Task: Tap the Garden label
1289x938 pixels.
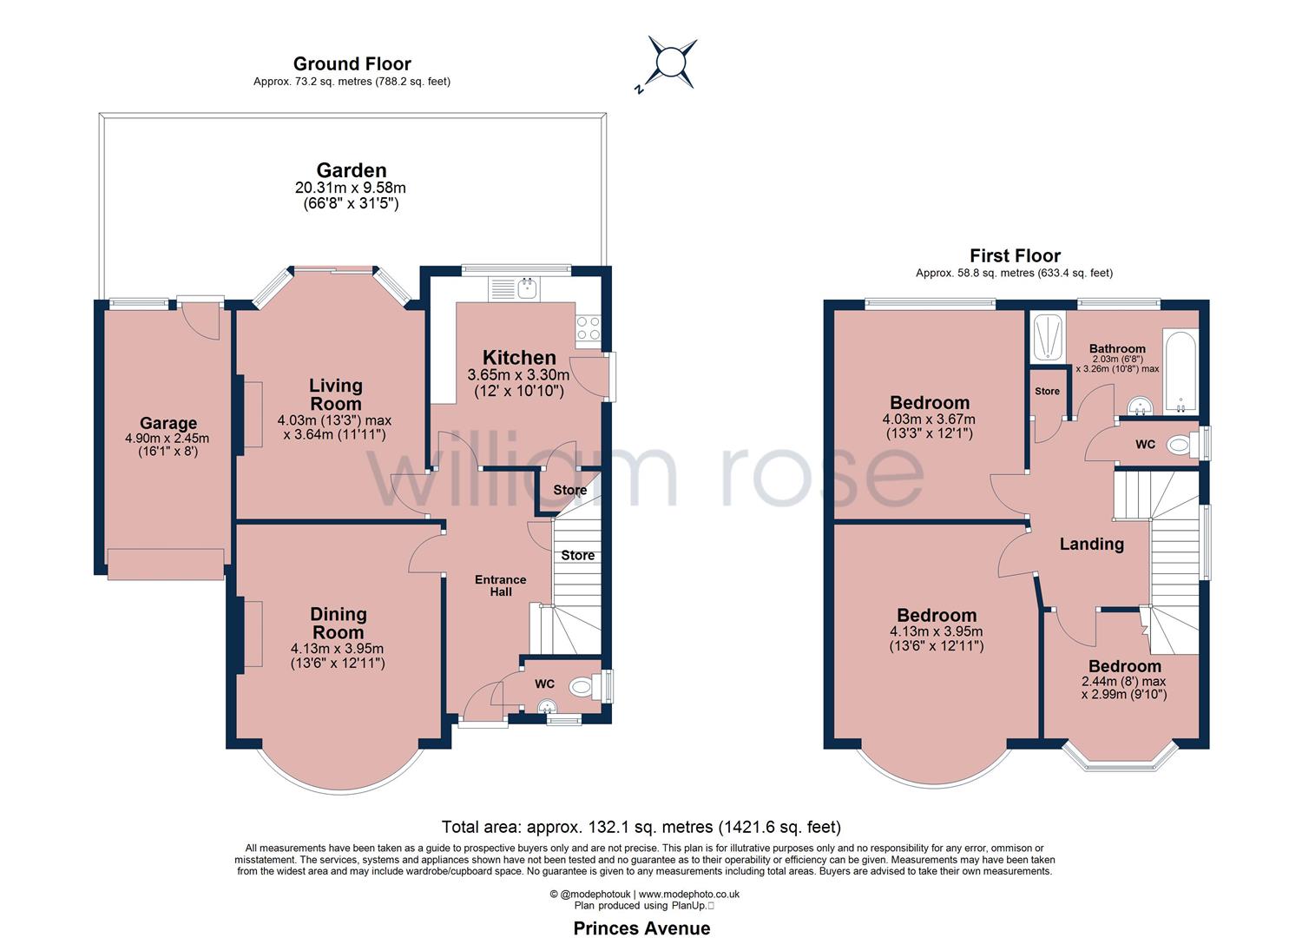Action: pyautogui.click(x=351, y=170)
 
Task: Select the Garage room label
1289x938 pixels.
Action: pyautogui.click(x=168, y=423)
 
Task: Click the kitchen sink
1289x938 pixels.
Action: pyautogui.click(x=513, y=289)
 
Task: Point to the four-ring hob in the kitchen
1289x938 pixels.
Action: pyautogui.click(x=589, y=328)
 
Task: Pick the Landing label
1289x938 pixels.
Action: pyautogui.click(x=1092, y=545)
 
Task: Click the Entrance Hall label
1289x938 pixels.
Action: pyautogui.click(x=501, y=585)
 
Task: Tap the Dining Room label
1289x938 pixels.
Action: pyautogui.click(x=338, y=623)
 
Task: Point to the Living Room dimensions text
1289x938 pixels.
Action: pyautogui.click(x=334, y=428)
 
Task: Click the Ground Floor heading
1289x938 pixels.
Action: pyautogui.click(x=352, y=63)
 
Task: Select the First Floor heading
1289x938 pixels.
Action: pyautogui.click(x=1015, y=255)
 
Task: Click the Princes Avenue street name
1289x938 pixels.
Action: pyautogui.click(x=641, y=928)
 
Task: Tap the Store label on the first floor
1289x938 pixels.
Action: pyautogui.click(x=1047, y=391)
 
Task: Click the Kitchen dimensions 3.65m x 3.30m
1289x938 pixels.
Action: pyautogui.click(x=518, y=375)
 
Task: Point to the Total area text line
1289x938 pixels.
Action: pyautogui.click(x=641, y=827)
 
